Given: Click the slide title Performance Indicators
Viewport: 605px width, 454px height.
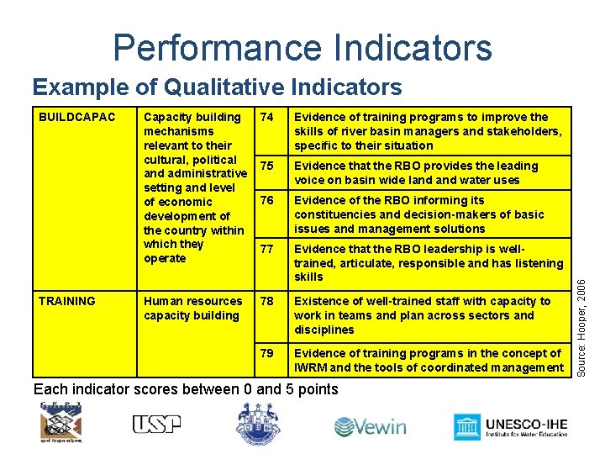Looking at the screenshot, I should pyautogui.click(x=302, y=48).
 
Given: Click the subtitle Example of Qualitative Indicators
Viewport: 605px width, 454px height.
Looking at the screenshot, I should pyautogui.click(x=217, y=87).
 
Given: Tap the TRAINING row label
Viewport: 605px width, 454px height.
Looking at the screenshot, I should pyautogui.click(x=66, y=301).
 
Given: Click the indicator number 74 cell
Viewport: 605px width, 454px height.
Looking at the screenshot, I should pyautogui.click(x=268, y=117).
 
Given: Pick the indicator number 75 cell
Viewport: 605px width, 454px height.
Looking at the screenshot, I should pyautogui.click(x=268, y=166).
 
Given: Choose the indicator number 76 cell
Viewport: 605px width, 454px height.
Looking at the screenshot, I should pyautogui.click(x=268, y=200).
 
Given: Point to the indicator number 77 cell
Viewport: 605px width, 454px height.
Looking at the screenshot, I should pyautogui.click(x=268, y=249).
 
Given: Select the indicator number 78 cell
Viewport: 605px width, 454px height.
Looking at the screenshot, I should pyautogui.click(x=268, y=301).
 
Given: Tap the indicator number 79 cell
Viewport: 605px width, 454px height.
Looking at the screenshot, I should pyautogui.click(x=268, y=353).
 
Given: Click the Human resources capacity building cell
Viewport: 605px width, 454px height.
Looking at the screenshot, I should pyautogui.click(x=192, y=309).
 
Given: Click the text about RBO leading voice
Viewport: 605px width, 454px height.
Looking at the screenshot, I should pyautogui.click(x=416, y=172).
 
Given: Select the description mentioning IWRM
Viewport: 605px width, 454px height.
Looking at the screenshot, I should pyautogui.click(x=429, y=360).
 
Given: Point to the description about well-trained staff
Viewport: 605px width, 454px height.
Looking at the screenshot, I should pyautogui.click(x=422, y=315).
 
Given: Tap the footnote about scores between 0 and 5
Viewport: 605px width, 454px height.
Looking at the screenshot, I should pyautogui.click(x=185, y=389).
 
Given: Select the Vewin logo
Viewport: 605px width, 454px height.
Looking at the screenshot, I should pyautogui.click(x=370, y=426).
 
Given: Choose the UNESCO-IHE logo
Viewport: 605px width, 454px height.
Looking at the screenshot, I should pyautogui.click(x=510, y=427).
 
